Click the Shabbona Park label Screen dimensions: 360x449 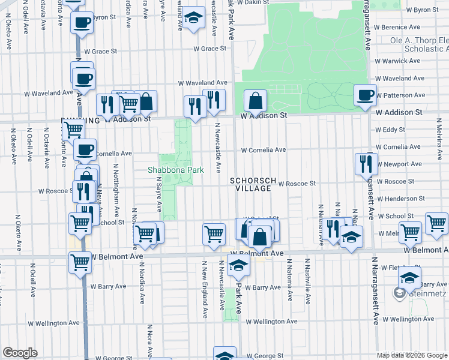click(176, 170)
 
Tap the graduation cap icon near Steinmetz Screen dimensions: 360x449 click(409, 278)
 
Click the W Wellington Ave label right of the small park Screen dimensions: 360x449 click(271, 322)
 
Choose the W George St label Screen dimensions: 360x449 click(264, 356)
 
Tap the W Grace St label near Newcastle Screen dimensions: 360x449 click(209, 49)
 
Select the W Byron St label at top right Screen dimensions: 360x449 click(423, 10)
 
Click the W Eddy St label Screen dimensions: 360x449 click(390, 130)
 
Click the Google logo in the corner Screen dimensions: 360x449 click(20, 353)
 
